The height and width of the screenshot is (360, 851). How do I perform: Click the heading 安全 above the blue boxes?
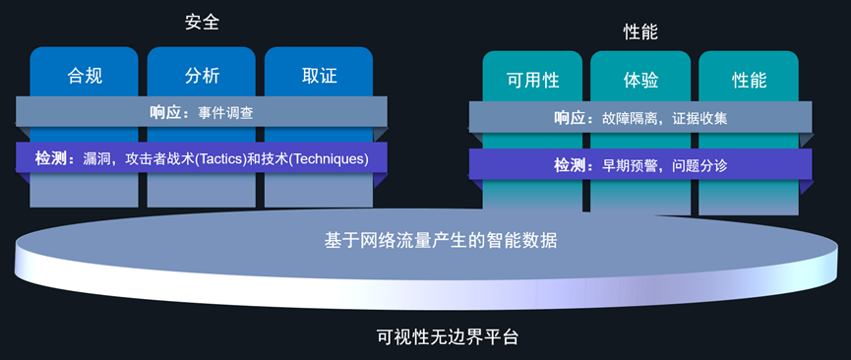tap(202, 22)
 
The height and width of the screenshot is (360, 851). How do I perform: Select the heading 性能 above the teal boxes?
tap(640, 31)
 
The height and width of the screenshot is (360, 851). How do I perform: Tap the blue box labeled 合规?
tap(84, 75)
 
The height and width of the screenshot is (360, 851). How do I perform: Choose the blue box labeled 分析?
tap(202, 75)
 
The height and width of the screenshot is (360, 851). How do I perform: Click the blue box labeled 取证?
tap(319, 75)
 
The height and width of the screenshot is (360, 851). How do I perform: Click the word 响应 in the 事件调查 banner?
tap(167, 113)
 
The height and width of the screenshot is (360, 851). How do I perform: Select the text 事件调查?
tap(225, 113)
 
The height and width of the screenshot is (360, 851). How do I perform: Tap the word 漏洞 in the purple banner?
tap(99, 157)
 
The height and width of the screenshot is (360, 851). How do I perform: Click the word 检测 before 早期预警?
tap(572, 165)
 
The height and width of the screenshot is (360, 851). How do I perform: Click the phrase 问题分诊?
tap(699, 165)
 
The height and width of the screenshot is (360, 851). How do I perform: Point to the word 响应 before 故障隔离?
tap(572, 118)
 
